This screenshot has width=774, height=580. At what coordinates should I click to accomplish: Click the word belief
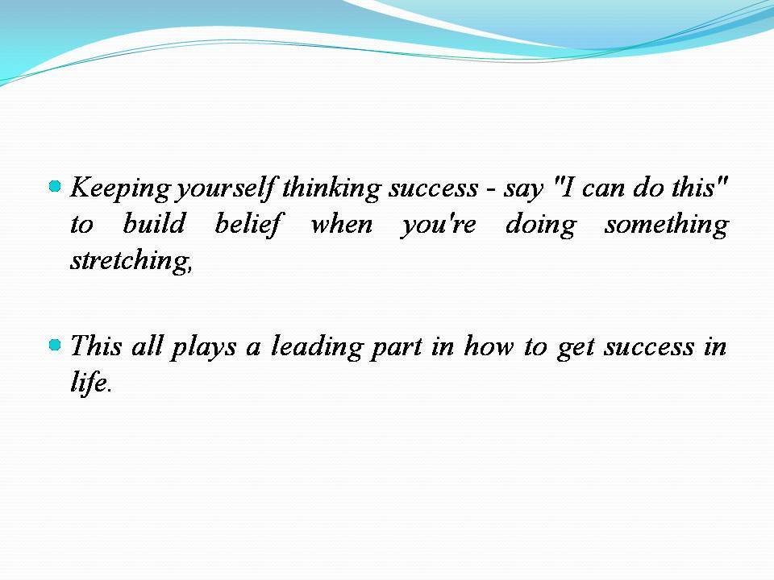coord(248,224)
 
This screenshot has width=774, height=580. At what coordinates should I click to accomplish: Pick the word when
coord(341,224)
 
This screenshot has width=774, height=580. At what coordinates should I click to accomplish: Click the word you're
coord(439,224)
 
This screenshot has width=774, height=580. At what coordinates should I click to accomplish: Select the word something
coord(666,224)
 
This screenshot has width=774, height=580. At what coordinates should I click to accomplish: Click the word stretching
coord(131,261)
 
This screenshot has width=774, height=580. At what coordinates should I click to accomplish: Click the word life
coord(88,383)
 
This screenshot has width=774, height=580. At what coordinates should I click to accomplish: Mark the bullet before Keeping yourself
coord(55,187)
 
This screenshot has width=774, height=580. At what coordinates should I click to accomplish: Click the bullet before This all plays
coord(55,346)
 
